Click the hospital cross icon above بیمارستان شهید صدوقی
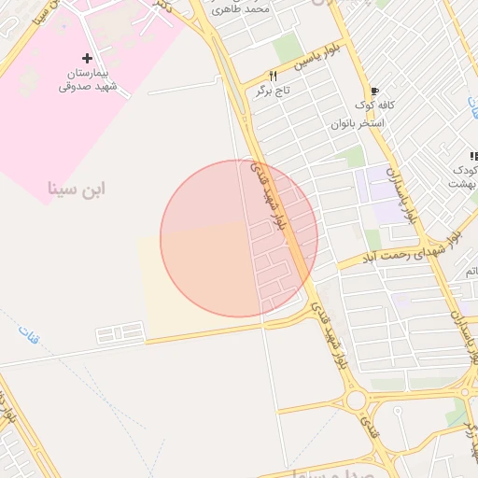(x=88, y=58)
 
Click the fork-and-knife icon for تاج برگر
(x=274, y=76)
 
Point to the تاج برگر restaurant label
(x=273, y=91)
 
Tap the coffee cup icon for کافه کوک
(x=374, y=91)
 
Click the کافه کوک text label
(x=373, y=105)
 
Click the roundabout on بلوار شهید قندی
(x=356, y=401)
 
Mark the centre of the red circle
(x=239, y=238)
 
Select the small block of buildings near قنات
(x=121, y=332)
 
